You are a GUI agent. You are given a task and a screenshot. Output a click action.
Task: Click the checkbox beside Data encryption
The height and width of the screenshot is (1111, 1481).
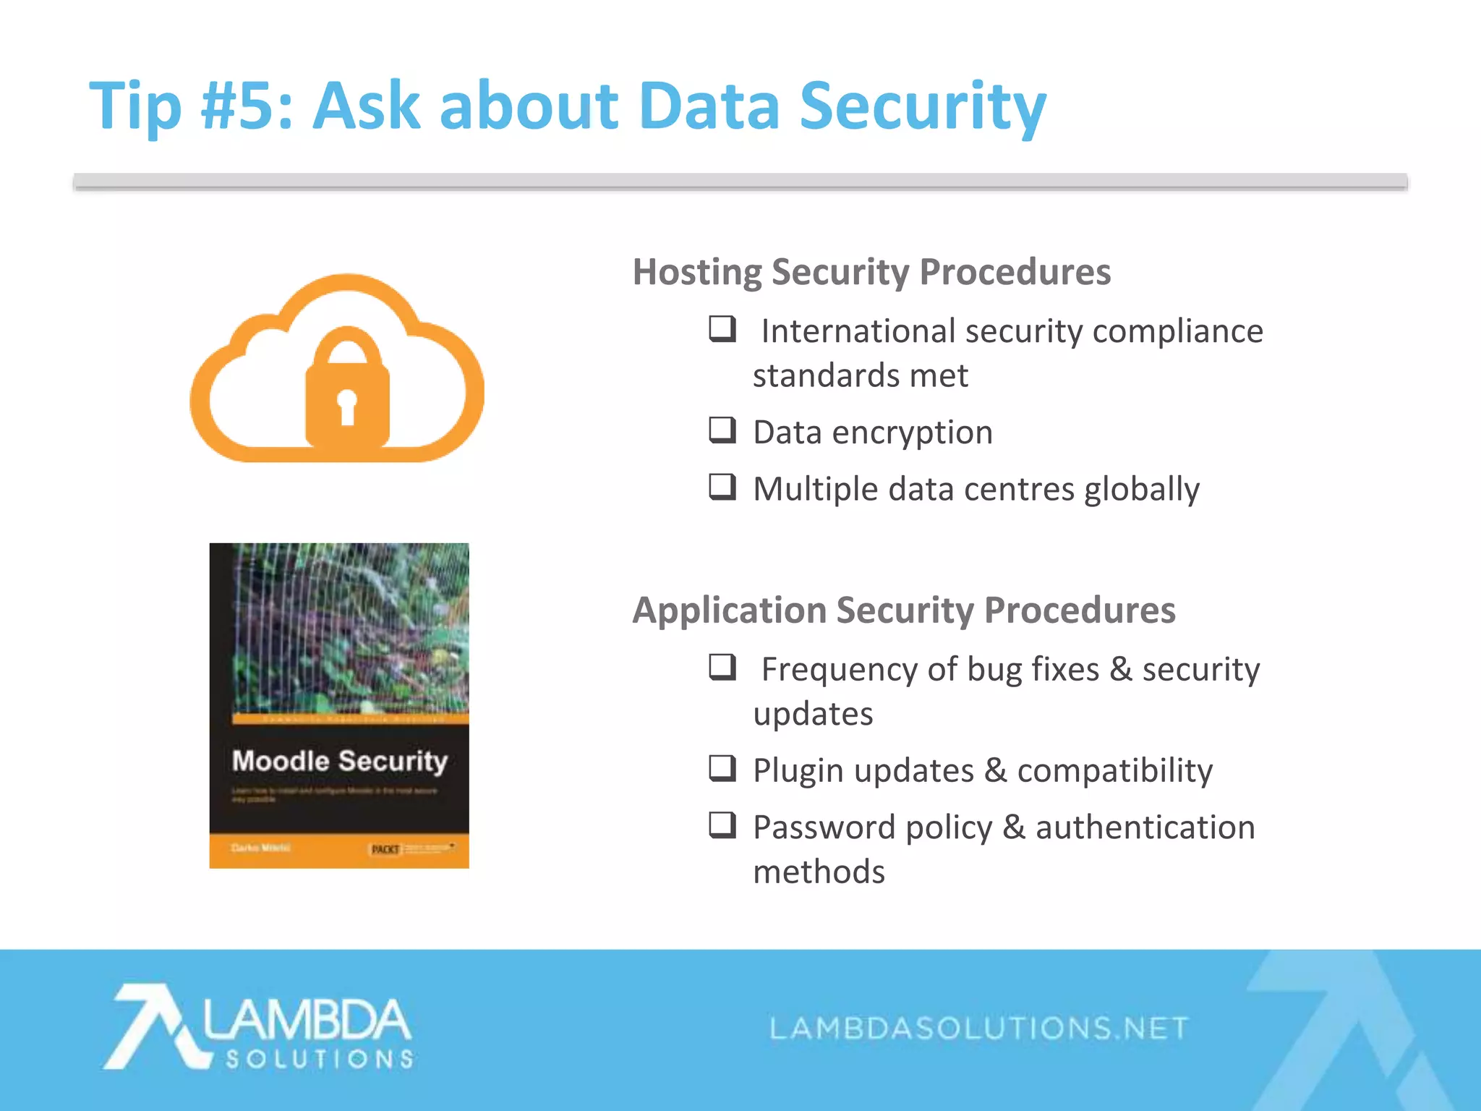click(x=722, y=430)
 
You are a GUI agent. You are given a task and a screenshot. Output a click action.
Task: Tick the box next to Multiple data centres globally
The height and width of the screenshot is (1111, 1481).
click(x=722, y=487)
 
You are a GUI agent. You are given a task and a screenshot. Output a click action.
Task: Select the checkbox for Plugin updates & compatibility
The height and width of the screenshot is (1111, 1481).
click(x=722, y=768)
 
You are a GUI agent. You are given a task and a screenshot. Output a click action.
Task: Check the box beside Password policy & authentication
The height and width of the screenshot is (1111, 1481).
click(x=722, y=825)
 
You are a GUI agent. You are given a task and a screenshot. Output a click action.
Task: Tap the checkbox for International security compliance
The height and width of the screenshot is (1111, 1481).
click(x=722, y=329)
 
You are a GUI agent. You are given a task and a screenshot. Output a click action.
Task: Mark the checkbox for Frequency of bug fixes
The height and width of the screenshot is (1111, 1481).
click(x=722, y=667)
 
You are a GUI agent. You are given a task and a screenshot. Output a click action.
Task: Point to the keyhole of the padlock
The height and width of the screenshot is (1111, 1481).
click(x=347, y=405)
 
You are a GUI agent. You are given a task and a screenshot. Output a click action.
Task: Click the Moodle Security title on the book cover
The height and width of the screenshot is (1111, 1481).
click(x=340, y=761)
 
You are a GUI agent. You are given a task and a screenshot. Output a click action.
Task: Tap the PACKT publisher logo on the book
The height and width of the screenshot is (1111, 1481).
click(x=385, y=848)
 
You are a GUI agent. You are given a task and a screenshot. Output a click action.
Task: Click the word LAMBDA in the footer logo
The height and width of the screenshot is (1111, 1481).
click(x=307, y=1020)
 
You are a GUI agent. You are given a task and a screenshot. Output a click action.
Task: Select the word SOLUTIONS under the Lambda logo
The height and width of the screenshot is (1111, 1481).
click(x=319, y=1060)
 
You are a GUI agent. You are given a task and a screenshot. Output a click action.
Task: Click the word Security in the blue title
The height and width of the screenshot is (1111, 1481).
click(x=923, y=107)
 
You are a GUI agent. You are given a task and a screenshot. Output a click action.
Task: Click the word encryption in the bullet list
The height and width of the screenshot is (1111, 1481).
click(x=913, y=433)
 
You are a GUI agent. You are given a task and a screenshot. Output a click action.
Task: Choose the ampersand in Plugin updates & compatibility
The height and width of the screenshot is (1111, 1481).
click(x=996, y=770)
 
